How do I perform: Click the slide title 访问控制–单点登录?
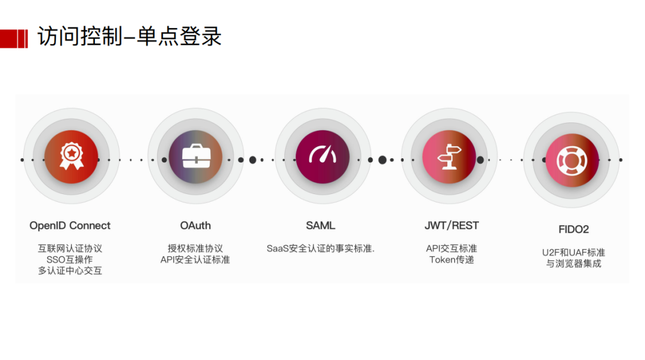[130, 37]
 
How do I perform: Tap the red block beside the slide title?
[14, 39]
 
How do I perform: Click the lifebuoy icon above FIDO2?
[572, 160]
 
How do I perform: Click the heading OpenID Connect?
[70, 226]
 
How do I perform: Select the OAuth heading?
[195, 226]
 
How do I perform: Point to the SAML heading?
[321, 226]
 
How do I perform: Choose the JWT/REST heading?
[451, 226]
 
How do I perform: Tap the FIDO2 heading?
[573, 229]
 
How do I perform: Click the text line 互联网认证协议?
[70, 248]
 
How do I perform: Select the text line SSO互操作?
[70, 260]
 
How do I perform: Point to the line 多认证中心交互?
[70, 271]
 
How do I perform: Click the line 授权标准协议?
[195, 248]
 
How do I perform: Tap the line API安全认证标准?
[195, 260]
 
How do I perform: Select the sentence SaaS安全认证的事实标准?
[321, 248]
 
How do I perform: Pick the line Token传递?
[451, 260]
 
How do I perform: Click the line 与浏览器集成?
[573, 263]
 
